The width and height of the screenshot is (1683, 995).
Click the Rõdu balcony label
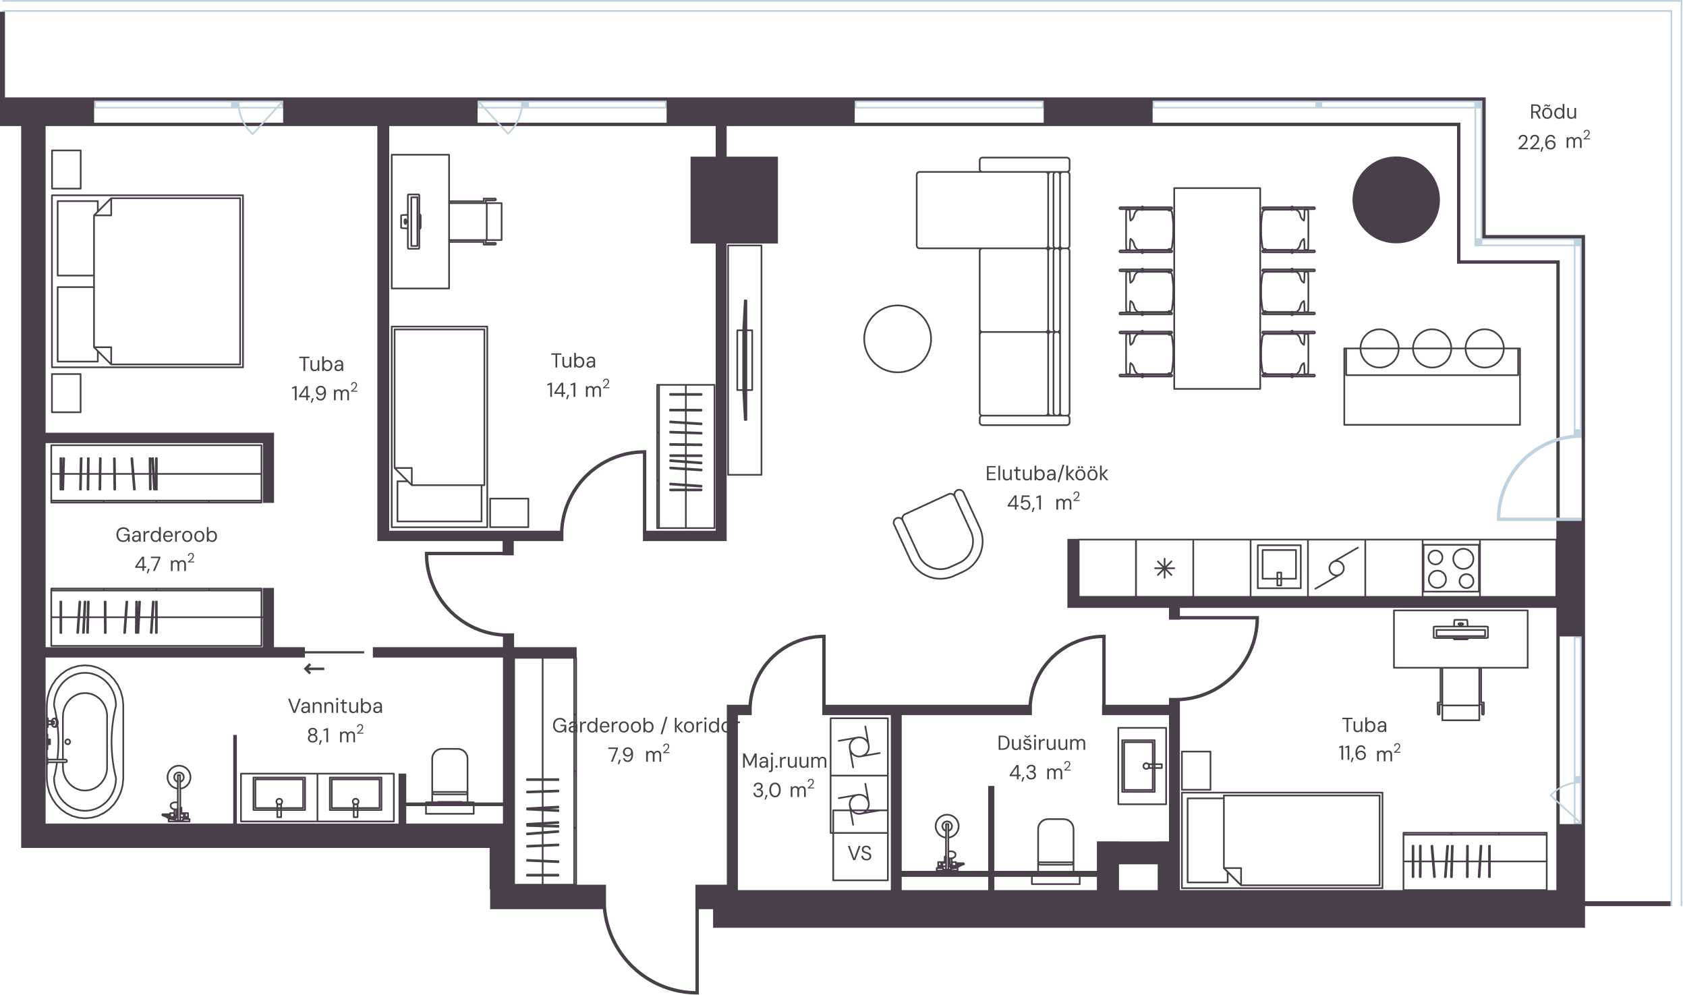pyautogui.click(x=1553, y=112)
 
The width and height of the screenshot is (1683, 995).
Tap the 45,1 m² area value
pyautogui.click(x=1043, y=503)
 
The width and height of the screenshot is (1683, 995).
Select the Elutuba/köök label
pyautogui.click(x=1046, y=474)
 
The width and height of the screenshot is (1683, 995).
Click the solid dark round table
pyautogui.click(x=1396, y=200)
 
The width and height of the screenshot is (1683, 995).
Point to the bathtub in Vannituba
pyautogui.click(x=85, y=742)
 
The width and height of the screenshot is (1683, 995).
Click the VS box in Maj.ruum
pyautogui.click(x=860, y=853)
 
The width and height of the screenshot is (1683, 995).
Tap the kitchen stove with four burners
pyautogui.click(x=1451, y=569)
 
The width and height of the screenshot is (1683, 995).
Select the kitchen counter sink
pyautogui.click(x=1279, y=567)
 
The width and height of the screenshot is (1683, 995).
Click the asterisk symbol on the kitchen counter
pyautogui.click(x=1164, y=569)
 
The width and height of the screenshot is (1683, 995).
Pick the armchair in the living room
pyautogui.click(x=938, y=534)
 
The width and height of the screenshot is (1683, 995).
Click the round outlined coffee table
pyautogui.click(x=897, y=339)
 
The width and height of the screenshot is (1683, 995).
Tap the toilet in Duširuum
pyautogui.click(x=1056, y=851)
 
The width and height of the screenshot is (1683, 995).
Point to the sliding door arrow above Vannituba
pyautogui.click(x=314, y=669)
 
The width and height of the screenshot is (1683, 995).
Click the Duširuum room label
pyautogui.click(x=1042, y=743)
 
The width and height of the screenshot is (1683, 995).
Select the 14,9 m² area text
pyautogui.click(x=324, y=393)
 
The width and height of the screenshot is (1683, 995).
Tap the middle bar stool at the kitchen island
pyautogui.click(x=1431, y=348)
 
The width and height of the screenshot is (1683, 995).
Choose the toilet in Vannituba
pyautogui.click(x=449, y=780)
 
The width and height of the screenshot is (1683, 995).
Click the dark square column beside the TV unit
pyautogui.click(x=734, y=200)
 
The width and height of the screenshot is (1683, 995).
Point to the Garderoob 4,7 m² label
pyautogui.click(x=166, y=549)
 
